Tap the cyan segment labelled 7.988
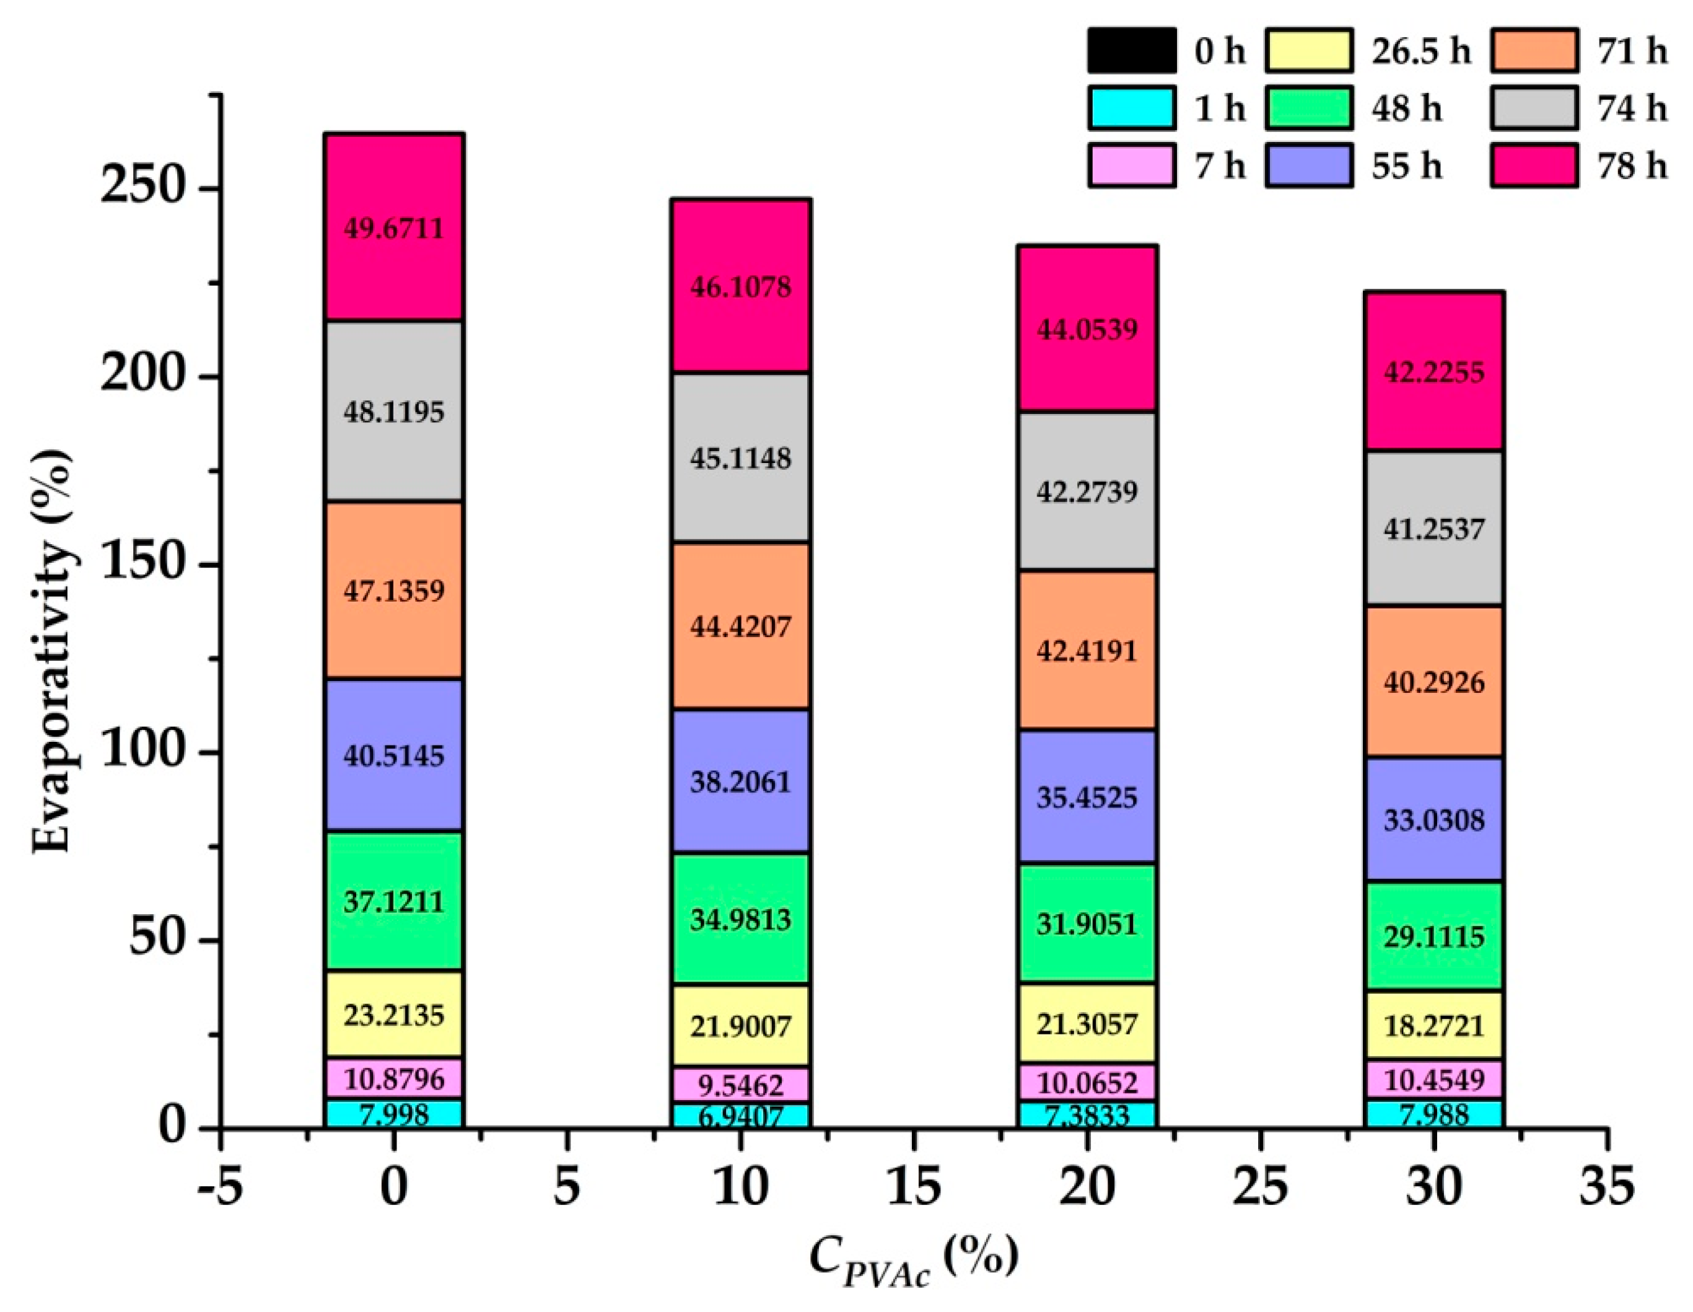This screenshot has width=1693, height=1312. [1433, 1114]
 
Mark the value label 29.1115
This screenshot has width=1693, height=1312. [1433, 936]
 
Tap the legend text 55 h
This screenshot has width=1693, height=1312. [1406, 166]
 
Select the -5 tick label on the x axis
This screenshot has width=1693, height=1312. [220, 1186]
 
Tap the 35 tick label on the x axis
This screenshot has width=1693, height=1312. [1607, 1186]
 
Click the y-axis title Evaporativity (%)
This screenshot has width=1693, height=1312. [53, 651]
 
